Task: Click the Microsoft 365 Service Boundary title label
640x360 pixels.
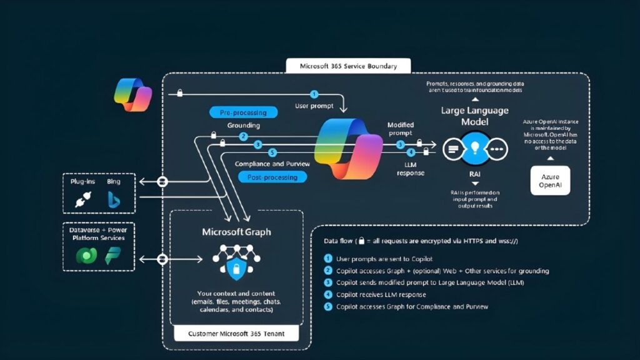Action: pyautogui.click(x=348, y=66)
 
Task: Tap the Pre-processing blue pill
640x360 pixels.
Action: pyautogui.click(x=243, y=112)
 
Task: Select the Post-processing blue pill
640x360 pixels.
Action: pyautogui.click(x=273, y=177)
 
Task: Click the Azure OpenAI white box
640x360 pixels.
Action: pyautogui.click(x=550, y=181)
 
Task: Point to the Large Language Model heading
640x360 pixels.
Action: pyautogui.click(x=474, y=116)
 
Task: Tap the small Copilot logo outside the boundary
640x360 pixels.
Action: pyautogui.click(x=133, y=94)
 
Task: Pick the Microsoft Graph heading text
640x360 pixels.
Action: pyautogui.click(x=236, y=232)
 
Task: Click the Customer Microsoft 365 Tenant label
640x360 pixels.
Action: pyautogui.click(x=236, y=334)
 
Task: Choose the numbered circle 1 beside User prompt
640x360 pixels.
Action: pyautogui.click(x=314, y=94)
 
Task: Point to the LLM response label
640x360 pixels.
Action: pyautogui.click(x=411, y=168)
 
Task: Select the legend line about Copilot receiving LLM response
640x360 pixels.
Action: pyautogui.click(x=381, y=294)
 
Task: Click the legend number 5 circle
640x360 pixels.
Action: pyautogui.click(x=328, y=306)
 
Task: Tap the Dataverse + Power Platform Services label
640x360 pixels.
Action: pyautogui.click(x=97, y=234)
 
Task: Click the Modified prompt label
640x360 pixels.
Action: pyautogui.click(x=401, y=129)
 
